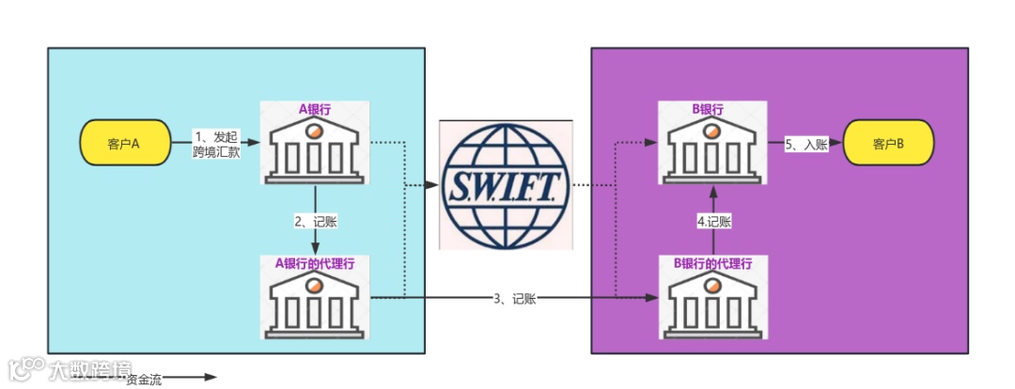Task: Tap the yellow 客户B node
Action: (x=888, y=144)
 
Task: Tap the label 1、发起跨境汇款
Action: (x=216, y=143)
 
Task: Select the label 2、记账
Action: (x=316, y=222)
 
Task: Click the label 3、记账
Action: (x=514, y=299)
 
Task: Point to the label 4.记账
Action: (x=713, y=222)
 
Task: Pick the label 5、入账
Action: (x=805, y=144)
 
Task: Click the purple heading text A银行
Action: (x=315, y=109)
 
